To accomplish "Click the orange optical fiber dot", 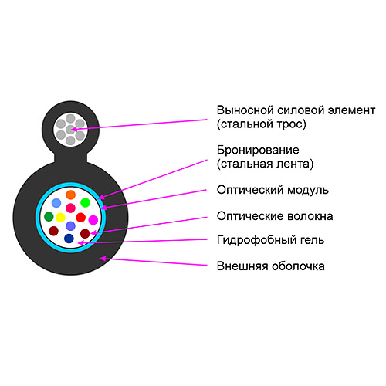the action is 70,195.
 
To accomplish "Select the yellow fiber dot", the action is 60,217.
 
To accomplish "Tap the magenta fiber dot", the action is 93,220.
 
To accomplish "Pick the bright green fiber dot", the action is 85,202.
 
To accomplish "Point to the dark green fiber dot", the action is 49,216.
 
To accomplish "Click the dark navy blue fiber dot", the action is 69,239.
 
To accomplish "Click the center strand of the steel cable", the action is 70,130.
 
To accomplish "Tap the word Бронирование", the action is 258,150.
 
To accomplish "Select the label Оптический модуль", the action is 273,190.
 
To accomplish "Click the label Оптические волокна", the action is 275,216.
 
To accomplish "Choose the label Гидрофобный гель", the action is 270,240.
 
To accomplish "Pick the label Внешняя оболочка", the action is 271,266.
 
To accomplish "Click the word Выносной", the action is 245,110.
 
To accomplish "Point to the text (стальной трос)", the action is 262,124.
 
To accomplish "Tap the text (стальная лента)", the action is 266,164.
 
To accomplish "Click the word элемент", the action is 351,110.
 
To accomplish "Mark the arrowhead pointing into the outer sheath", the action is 103,258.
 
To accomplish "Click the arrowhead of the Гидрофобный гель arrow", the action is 81,242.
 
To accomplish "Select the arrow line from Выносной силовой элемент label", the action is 139,124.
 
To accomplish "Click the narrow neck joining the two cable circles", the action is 70,157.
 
